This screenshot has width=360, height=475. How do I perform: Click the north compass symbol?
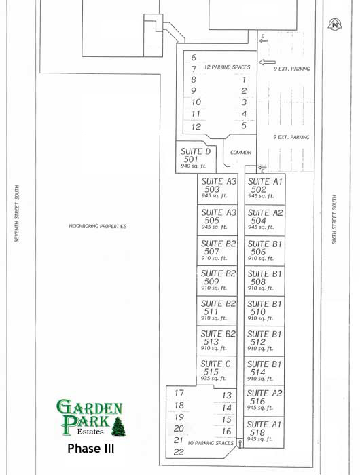pyautogui.click(x=334, y=24)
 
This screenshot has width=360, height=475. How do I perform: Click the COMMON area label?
pyautogui.click(x=240, y=153)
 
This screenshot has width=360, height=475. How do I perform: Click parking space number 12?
pyautogui.click(x=196, y=126)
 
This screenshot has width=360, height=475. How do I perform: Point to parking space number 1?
pyautogui.click(x=243, y=79)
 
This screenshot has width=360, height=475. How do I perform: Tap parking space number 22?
pyautogui.click(x=179, y=452)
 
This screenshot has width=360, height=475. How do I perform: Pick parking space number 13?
pyautogui.click(x=227, y=395)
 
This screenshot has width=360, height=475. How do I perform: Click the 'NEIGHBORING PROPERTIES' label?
pyautogui.click(x=98, y=226)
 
